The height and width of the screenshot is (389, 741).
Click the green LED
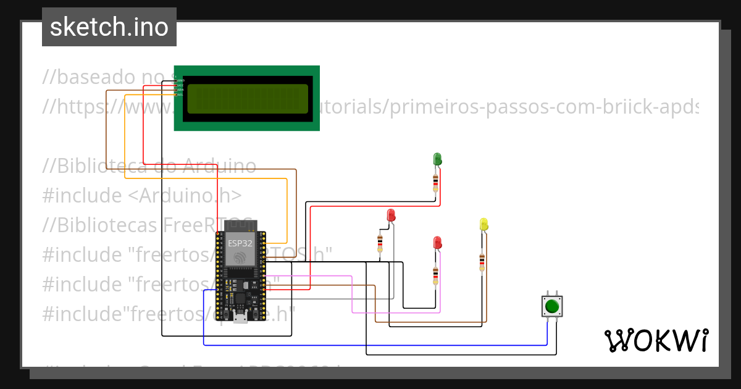[x=437, y=159]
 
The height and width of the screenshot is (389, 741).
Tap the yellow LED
[x=484, y=224]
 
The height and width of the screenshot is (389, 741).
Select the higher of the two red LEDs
[x=391, y=215]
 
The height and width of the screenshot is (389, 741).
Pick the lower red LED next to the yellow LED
[x=437, y=242]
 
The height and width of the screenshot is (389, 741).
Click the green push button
[x=552, y=306]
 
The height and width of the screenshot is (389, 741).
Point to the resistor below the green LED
[x=436, y=182]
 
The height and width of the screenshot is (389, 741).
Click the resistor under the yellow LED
[x=482, y=261]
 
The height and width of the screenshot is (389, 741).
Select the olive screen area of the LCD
[x=247, y=99]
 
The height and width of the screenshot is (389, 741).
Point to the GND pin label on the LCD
[x=180, y=80]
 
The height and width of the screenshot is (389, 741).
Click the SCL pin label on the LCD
[x=180, y=94]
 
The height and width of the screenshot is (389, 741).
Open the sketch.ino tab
[x=109, y=27]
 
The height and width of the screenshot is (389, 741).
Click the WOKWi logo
[x=656, y=341]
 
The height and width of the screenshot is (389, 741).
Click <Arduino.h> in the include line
[x=185, y=196]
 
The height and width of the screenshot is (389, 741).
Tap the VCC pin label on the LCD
[x=180, y=85]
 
